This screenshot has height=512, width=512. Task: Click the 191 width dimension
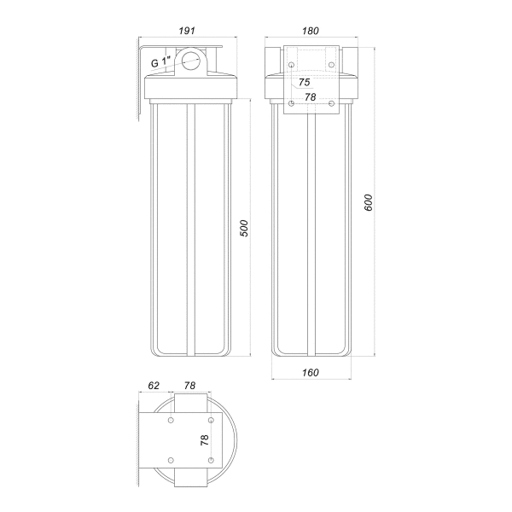click(x=187, y=31)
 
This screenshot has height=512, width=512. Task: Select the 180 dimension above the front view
click(x=311, y=31)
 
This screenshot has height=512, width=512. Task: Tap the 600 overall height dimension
click(x=369, y=202)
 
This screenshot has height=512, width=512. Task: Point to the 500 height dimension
click(x=244, y=229)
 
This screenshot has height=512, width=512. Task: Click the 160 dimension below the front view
click(x=311, y=373)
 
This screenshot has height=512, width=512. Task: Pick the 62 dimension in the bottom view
click(x=154, y=386)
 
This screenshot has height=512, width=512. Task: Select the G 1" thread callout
click(x=161, y=62)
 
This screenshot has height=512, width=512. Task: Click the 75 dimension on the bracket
click(x=305, y=82)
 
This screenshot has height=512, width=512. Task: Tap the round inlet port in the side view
click(x=190, y=61)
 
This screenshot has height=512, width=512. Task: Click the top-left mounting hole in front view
click(x=292, y=65)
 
